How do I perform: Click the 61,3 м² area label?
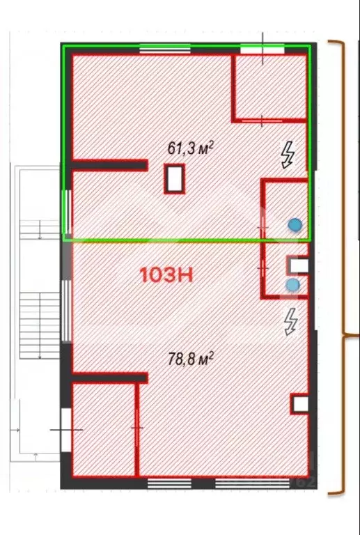coord(190,148)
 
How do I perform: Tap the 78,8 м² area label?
coord(190,359)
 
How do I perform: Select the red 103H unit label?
coord(166,274)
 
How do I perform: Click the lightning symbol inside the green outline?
coord(287,155)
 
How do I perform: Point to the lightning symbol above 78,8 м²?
coord(290,322)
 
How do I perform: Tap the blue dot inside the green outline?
coord(295,224)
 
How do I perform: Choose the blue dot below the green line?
coord(293,285)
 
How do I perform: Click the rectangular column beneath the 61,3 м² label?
coord(175,179)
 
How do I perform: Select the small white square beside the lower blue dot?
coord(298,265)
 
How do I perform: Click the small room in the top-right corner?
coord(269,85)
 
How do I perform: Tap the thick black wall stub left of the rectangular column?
coord(110,166)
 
